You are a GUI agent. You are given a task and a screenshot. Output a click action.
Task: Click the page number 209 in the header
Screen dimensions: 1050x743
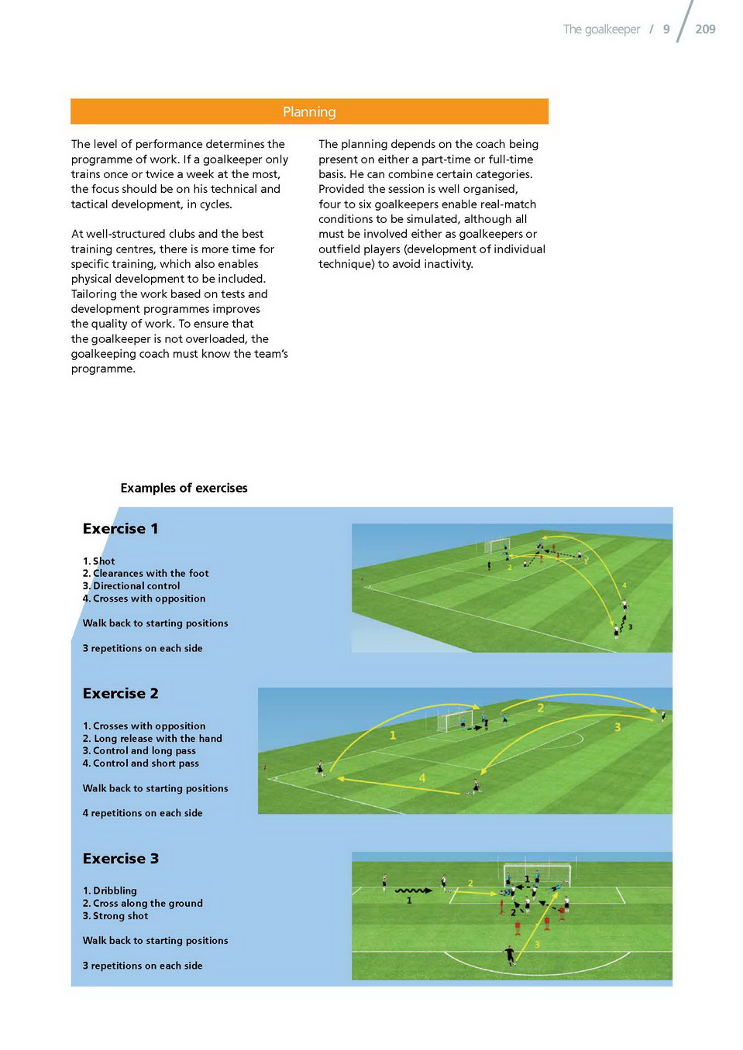tap(705, 29)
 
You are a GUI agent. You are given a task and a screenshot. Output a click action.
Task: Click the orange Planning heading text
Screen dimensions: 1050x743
tap(309, 112)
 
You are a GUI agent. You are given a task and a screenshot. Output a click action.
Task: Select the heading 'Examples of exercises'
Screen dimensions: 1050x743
tap(184, 488)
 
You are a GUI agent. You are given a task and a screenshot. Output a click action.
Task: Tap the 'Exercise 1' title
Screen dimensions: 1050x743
tap(120, 529)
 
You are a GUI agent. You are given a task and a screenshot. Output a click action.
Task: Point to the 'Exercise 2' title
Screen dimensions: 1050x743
tap(120, 694)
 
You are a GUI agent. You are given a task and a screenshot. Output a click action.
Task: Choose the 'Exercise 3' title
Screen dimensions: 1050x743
tap(120, 859)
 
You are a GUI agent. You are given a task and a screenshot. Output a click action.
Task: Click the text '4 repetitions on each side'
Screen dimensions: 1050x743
tap(143, 813)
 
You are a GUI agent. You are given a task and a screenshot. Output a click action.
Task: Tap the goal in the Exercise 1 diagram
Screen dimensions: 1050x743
tap(497, 545)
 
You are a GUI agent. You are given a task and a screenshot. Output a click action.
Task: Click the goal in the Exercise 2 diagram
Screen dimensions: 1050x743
tap(455, 719)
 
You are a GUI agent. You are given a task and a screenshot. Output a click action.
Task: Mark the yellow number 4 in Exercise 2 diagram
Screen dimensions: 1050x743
tap(422, 777)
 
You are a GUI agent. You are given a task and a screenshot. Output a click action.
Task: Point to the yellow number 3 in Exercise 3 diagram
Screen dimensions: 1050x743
tap(537, 944)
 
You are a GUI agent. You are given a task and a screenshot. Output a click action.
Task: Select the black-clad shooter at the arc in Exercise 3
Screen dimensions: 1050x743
tap(510, 955)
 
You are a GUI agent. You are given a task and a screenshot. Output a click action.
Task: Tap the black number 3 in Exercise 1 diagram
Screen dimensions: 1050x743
tap(630, 626)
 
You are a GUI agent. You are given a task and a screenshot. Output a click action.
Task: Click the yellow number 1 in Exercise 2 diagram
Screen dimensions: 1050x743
tap(393, 735)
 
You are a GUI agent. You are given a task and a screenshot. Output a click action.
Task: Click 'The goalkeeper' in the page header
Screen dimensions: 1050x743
tap(601, 29)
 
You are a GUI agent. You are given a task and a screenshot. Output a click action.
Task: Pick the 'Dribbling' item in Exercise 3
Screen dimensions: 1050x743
tap(114, 891)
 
